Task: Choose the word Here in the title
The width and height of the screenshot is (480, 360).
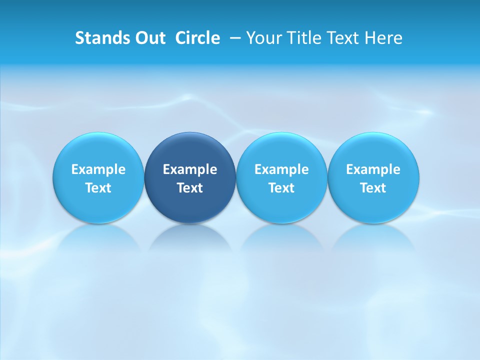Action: [x=384, y=38]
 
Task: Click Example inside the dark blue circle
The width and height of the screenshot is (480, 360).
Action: [x=190, y=169]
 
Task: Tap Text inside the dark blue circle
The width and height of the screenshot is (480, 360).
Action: [x=190, y=188]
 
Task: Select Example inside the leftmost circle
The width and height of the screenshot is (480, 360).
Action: [x=98, y=169]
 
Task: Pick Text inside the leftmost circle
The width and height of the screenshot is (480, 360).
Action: [x=98, y=188]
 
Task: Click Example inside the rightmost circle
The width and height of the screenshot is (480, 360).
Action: [x=373, y=169]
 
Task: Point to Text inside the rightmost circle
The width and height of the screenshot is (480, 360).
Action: [x=373, y=188]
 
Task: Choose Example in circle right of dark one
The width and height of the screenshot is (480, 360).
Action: [x=281, y=169]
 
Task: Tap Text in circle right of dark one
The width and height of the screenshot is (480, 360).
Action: [x=281, y=188]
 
